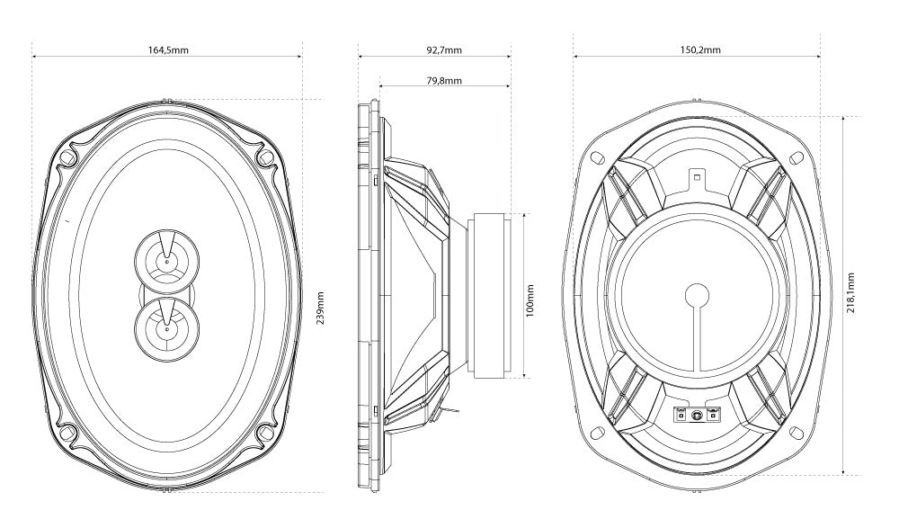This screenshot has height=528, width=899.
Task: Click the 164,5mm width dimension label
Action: [x=168, y=49]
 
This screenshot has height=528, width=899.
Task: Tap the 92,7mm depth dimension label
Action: [x=444, y=49]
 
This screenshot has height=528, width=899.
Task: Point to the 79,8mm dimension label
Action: [x=444, y=80]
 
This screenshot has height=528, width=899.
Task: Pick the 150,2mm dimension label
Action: [x=699, y=49]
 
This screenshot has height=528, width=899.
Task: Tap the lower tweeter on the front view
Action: [x=166, y=329]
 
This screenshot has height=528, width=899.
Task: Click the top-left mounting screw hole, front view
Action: [x=68, y=156]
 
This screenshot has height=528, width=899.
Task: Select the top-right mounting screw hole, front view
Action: [x=264, y=156]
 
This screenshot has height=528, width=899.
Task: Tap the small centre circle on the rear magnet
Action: [x=698, y=294]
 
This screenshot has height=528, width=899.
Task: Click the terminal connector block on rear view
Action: [x=698, y=415]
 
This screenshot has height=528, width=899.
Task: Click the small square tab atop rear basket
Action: [x=698, y=176]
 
